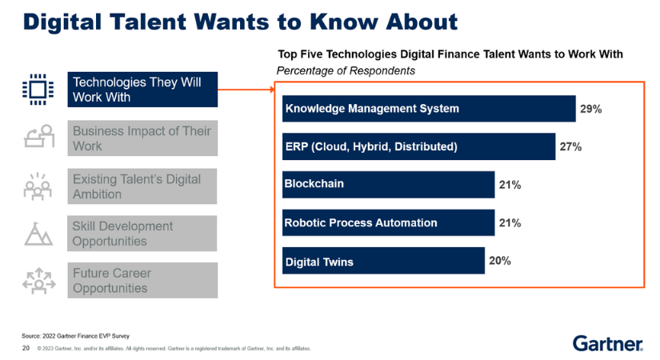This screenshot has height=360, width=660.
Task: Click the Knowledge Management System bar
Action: pyautogui.click(x=429, y=109)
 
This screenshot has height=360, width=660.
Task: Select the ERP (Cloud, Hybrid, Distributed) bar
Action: pyautogui.click(x=418, y=146)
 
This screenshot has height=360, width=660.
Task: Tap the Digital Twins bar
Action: pyautogui.click(x=382, y=261)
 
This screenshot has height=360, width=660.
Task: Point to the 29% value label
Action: pyautogui.click(x=591, y=109)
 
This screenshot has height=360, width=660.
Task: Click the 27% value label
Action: pyautogui.click(x=570, y=146)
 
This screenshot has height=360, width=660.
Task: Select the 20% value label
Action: pyautogui.click(x=501, y=261)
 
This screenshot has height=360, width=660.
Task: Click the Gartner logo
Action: pyautogui.click(x=607, y=343)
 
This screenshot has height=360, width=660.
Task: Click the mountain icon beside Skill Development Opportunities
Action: pyautogui.click(x=38, y=234)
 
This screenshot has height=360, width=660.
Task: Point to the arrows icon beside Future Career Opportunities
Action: pyautogui.click(x=38, y=281)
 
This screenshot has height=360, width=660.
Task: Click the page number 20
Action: pyautogui.click(x=26, y=349)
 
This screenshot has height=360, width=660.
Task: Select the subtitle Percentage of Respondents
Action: pyautogui.click(x=346, y=70)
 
